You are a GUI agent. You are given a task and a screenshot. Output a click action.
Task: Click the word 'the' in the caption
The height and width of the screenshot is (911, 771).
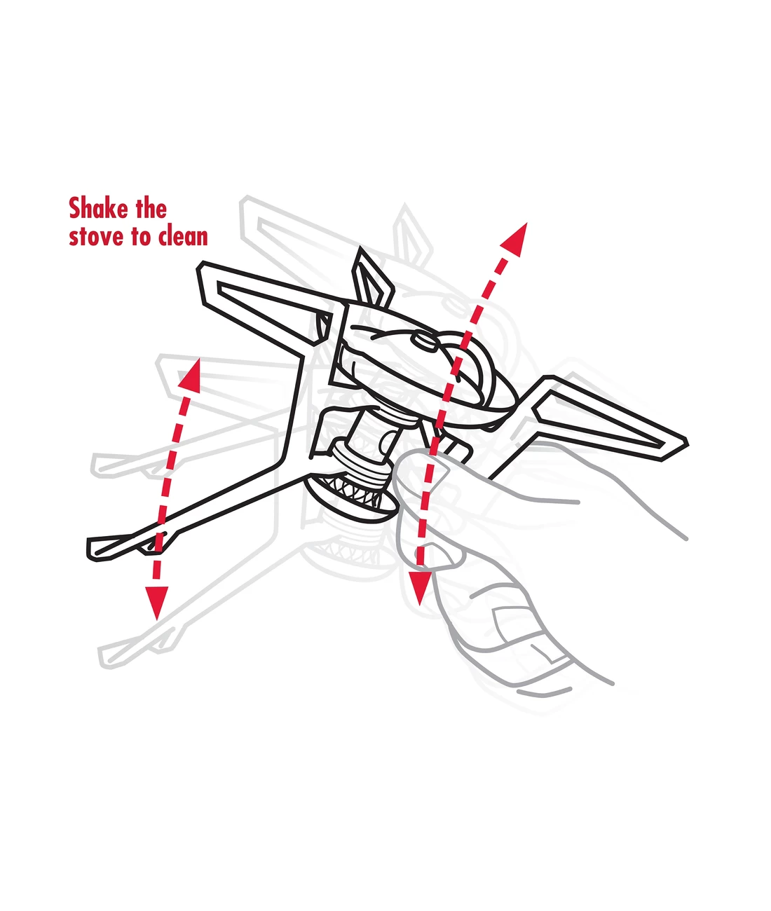[151, 208]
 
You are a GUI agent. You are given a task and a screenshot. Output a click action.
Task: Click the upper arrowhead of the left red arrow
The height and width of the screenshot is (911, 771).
[191, 376]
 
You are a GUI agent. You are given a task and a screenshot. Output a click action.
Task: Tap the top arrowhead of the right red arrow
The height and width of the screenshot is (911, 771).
[515, 240]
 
